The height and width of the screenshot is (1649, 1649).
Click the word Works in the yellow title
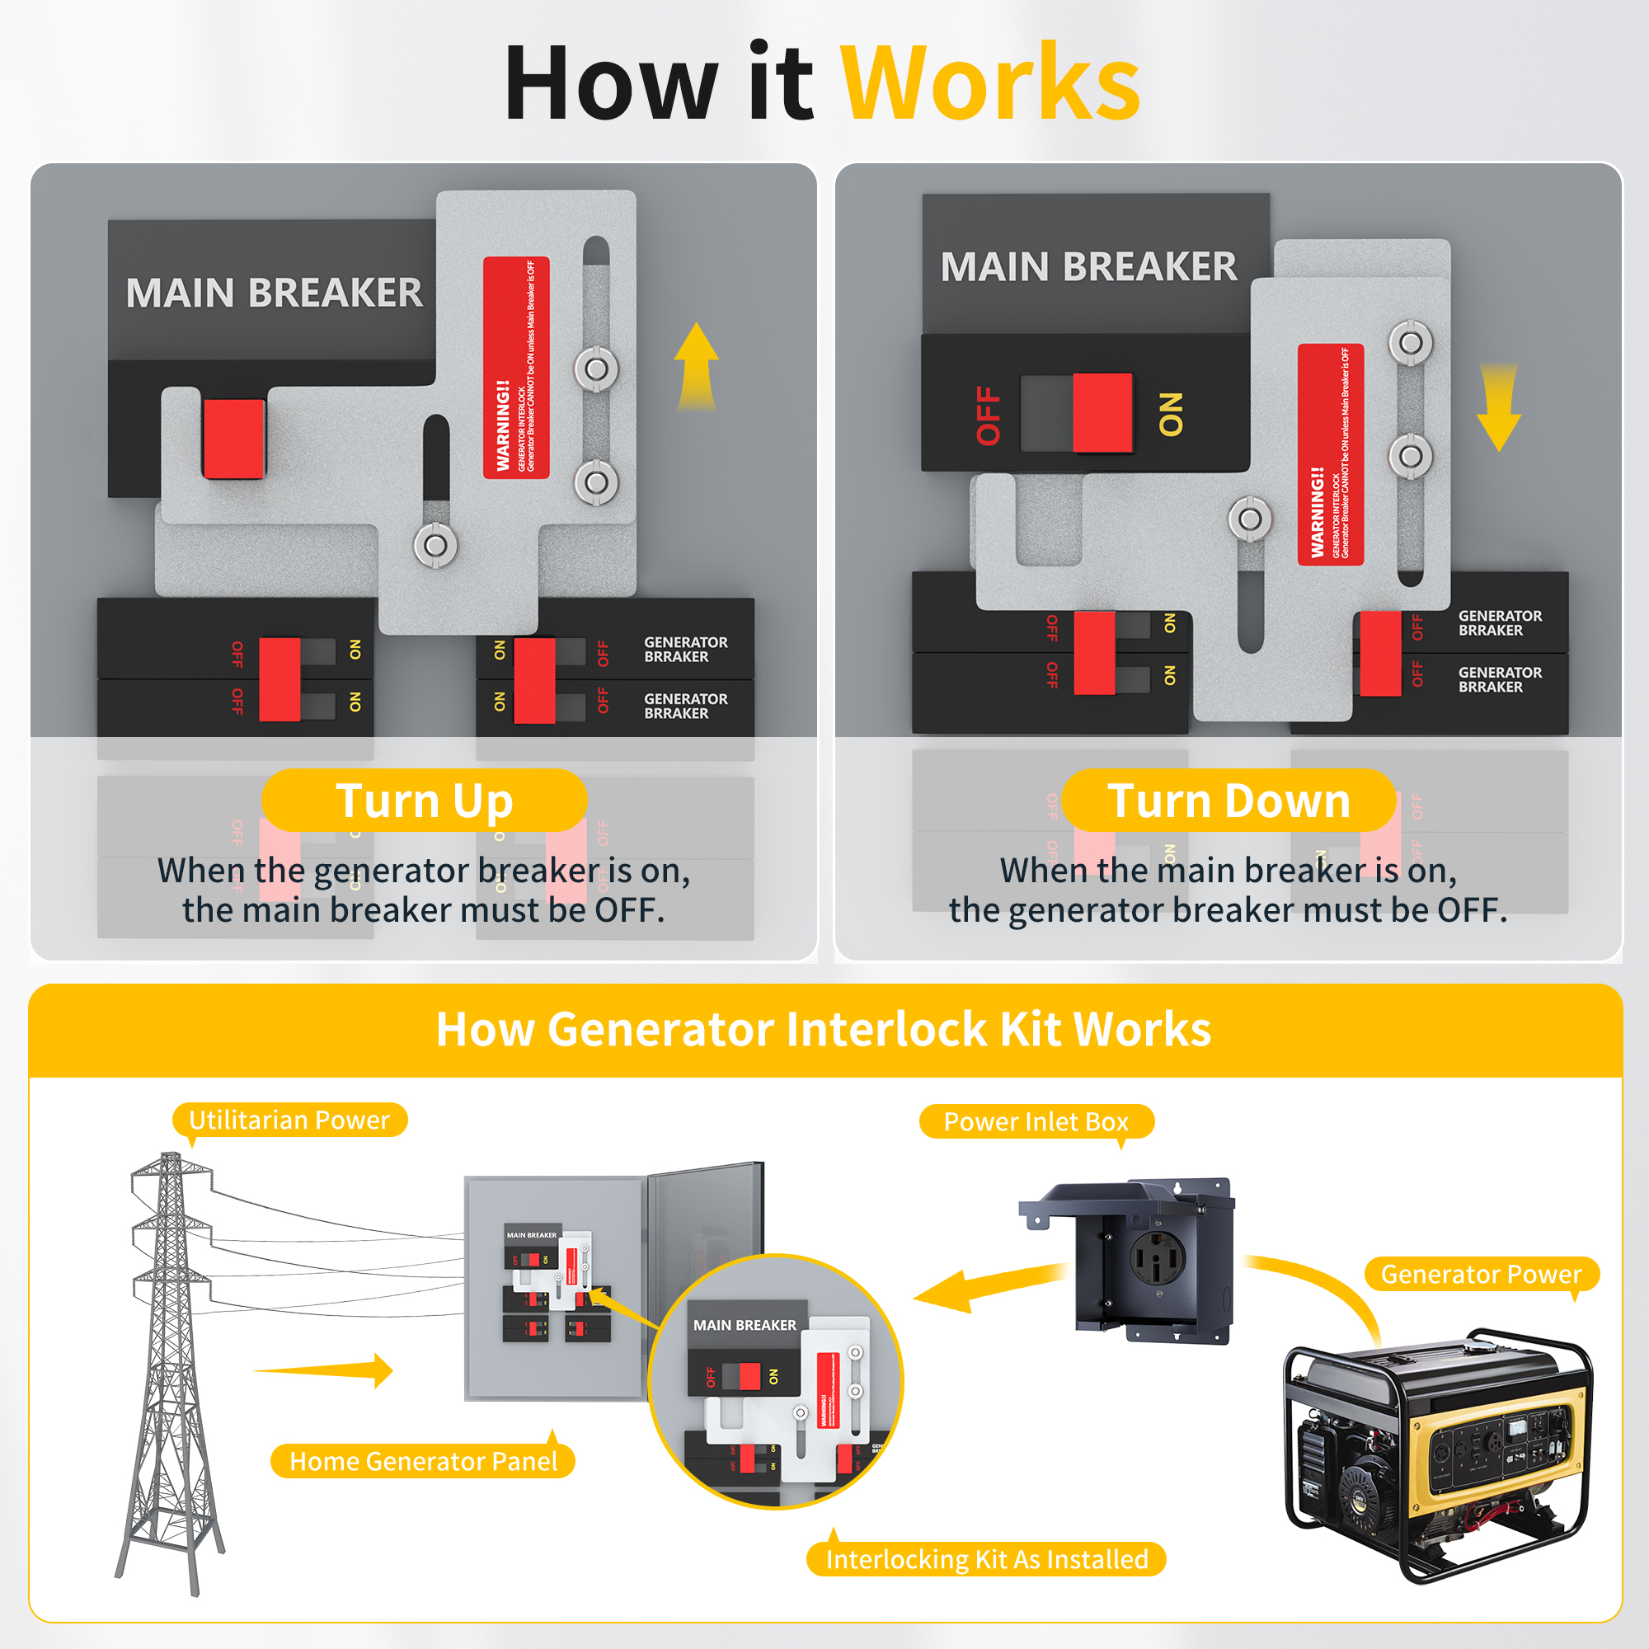pos(990,82)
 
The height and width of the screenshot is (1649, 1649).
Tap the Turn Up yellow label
pos(424,801)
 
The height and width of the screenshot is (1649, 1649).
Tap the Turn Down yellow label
pos(1229,801)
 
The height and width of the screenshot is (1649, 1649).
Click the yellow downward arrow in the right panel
pos(1499,406)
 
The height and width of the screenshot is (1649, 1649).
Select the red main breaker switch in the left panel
pos(234,439)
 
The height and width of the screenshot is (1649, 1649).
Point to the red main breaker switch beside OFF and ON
pos(1102,412)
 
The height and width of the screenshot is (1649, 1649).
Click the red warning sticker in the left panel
pos(516,367)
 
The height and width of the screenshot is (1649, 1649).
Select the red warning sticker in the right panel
pos(1330,454)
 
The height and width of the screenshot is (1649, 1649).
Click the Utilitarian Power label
pos(289,1120)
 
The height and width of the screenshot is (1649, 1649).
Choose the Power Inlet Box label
pos(1036,1121)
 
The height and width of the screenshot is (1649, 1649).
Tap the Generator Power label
pos(1481,1275)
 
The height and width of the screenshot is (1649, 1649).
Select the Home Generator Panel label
pos(423,1461)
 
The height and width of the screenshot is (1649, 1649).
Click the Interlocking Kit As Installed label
pos(987,1559)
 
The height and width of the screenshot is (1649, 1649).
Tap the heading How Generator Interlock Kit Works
pos(824,1029)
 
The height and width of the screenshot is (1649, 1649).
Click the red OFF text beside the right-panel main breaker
pos(989,415)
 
